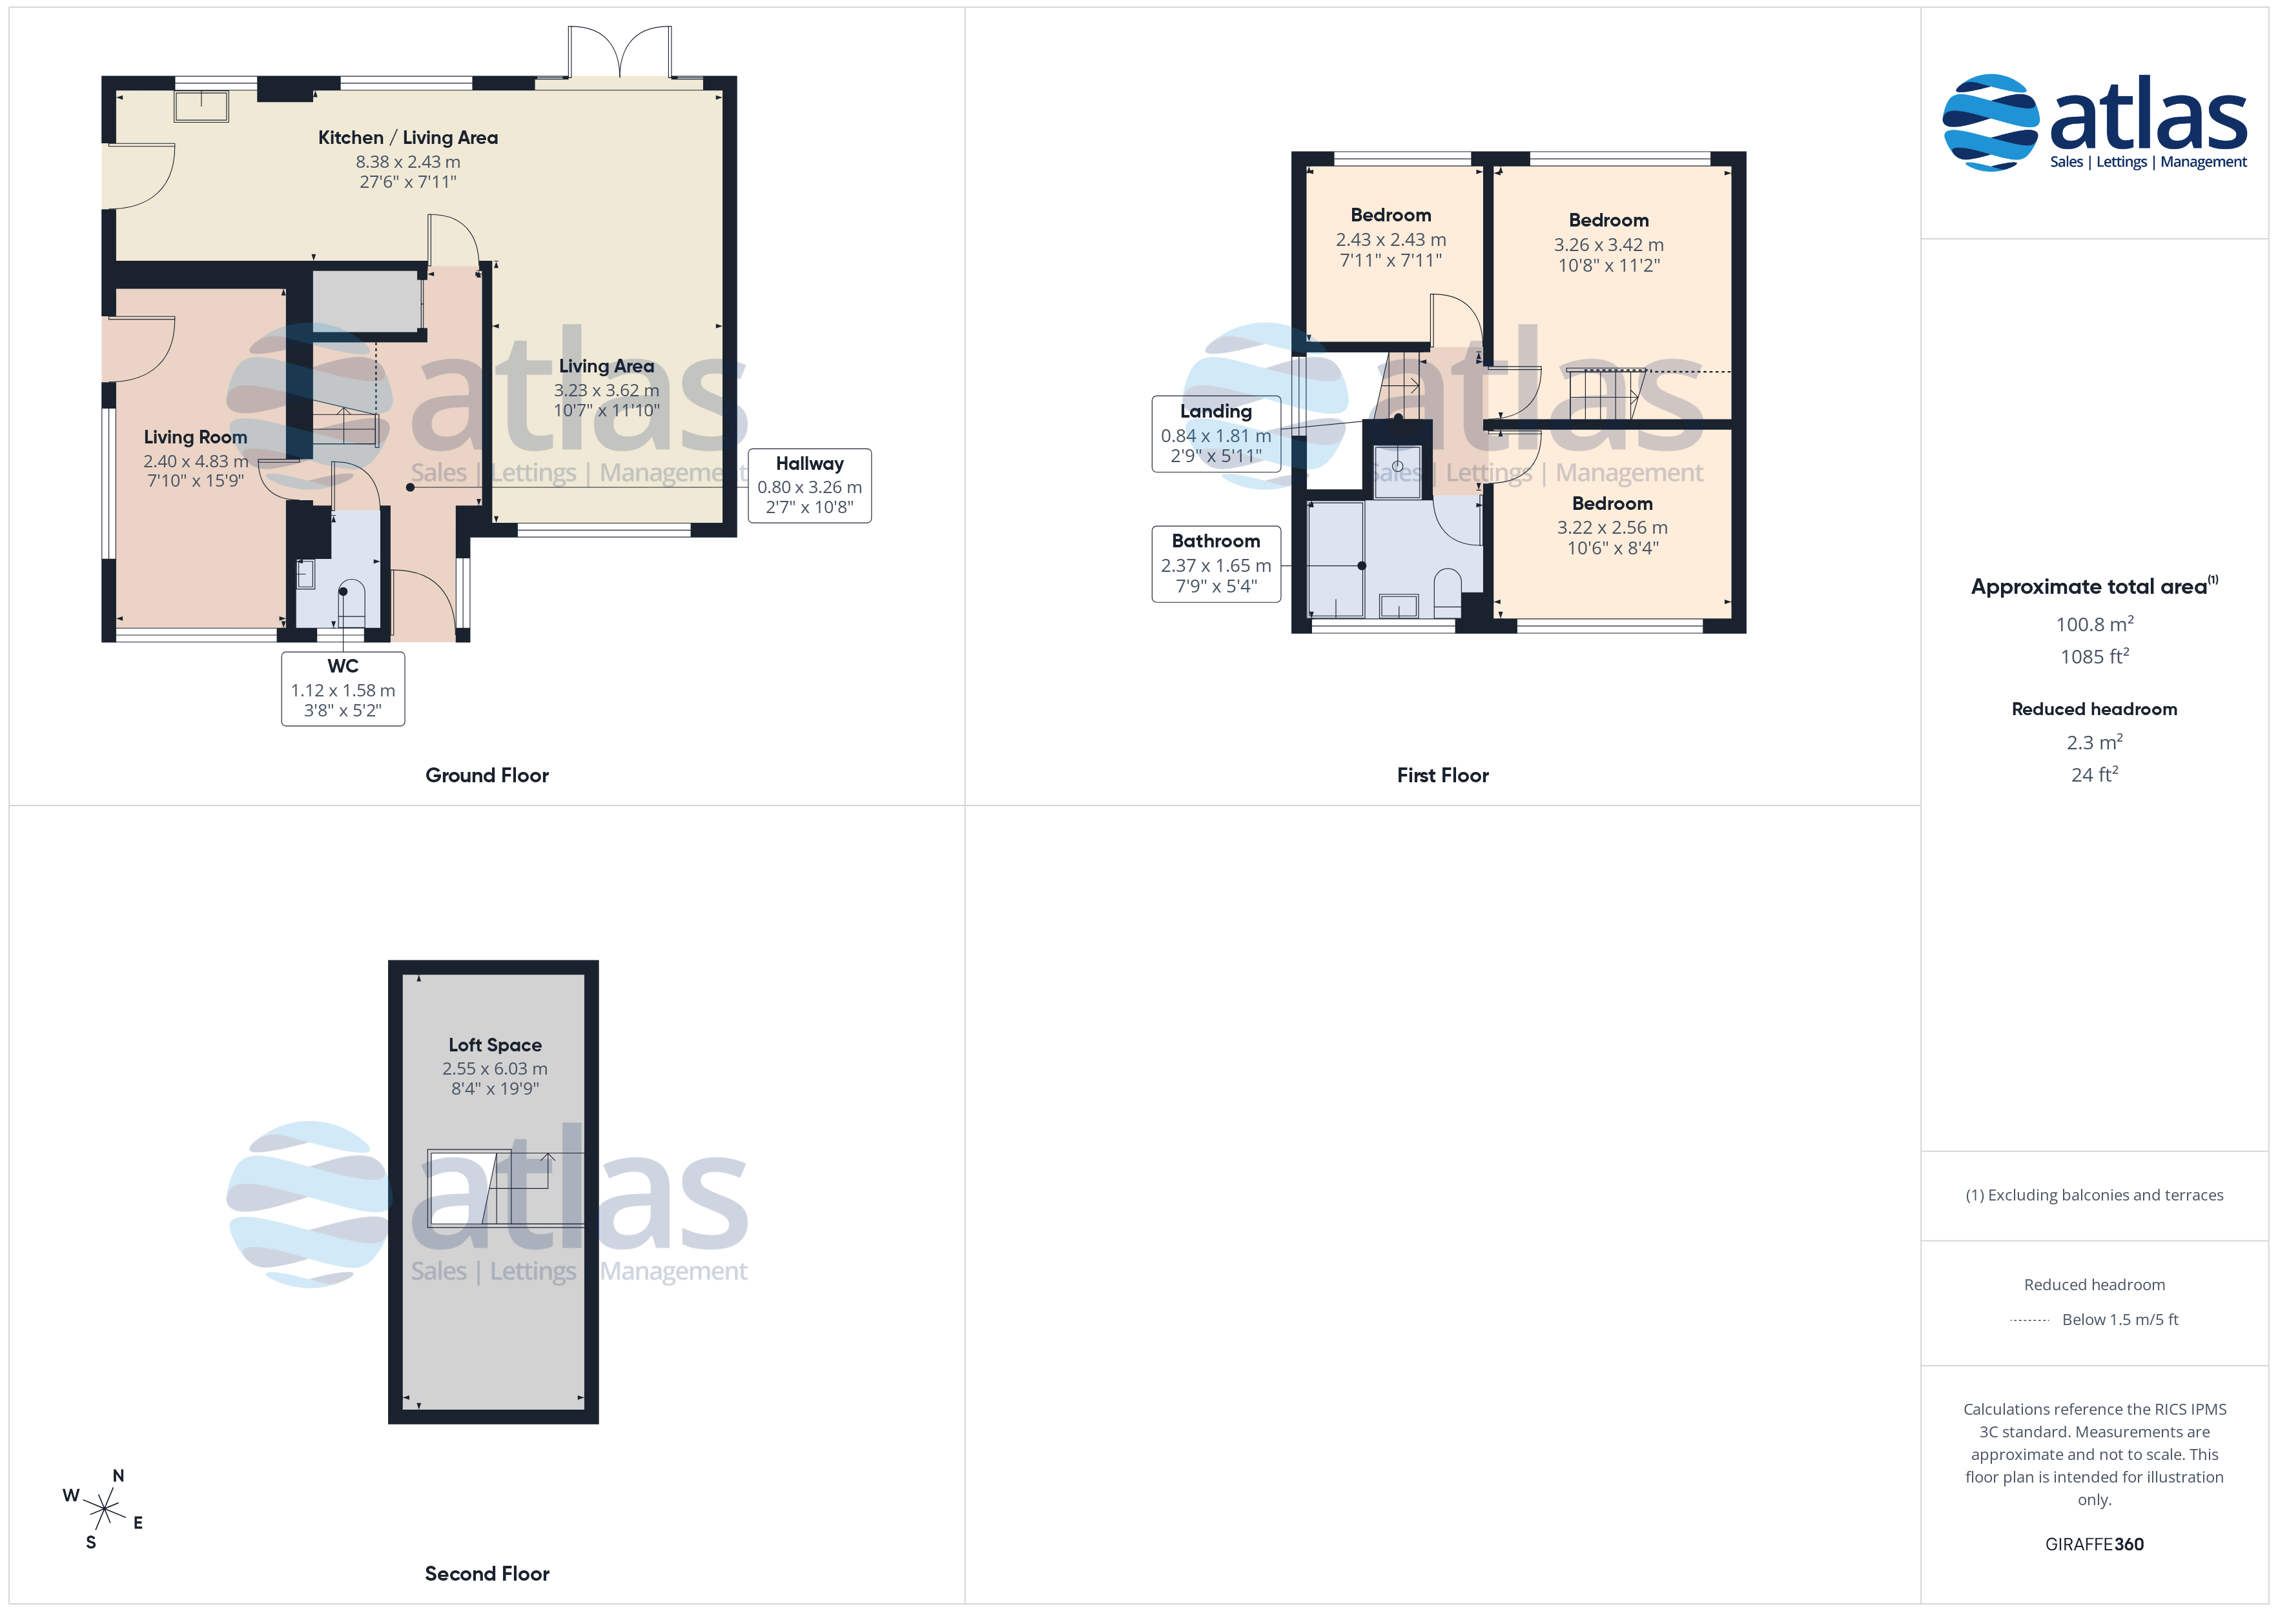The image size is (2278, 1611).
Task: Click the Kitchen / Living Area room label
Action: click(x=408, y=138)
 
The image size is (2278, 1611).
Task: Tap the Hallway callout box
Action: click(x=810, y=485)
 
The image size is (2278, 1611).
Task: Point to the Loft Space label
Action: click(x=495, y=1044)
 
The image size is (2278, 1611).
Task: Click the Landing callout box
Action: click(x=1216, y=434)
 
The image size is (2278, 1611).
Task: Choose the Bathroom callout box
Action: click(x=1216, y=563)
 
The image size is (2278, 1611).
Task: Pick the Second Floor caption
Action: click(x=487, y=1574)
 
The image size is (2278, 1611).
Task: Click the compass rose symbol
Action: click(x=103, y=1510)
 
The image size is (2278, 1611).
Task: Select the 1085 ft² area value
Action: click(x=2095, y=656)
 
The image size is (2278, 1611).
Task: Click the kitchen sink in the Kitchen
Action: click(x=201, y=106)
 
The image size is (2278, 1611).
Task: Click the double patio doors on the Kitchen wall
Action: click(x=620, y=52)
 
